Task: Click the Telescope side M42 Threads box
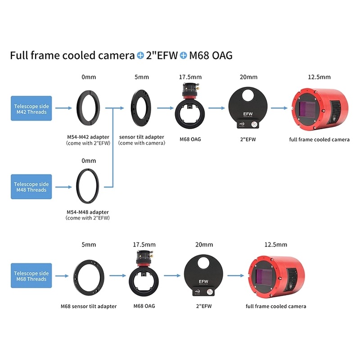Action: [31, 108]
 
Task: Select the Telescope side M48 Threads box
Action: [31, 187]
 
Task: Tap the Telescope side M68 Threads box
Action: [31, 275]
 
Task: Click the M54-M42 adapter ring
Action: [78, 108]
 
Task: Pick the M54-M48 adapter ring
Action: [77, 186]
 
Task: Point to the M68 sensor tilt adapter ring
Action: [75, 277]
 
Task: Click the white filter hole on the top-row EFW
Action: [247, 95]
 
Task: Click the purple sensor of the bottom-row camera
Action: [264, 277]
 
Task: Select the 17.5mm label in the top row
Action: [190, 77]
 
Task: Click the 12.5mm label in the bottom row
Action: [276, 244]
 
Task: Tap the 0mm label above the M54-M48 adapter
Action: [89, 161]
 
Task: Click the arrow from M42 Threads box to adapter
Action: [63, 108]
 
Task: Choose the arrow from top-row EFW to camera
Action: [279, 108]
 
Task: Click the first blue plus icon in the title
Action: [140, 55]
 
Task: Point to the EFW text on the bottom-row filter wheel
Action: [203, 282]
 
